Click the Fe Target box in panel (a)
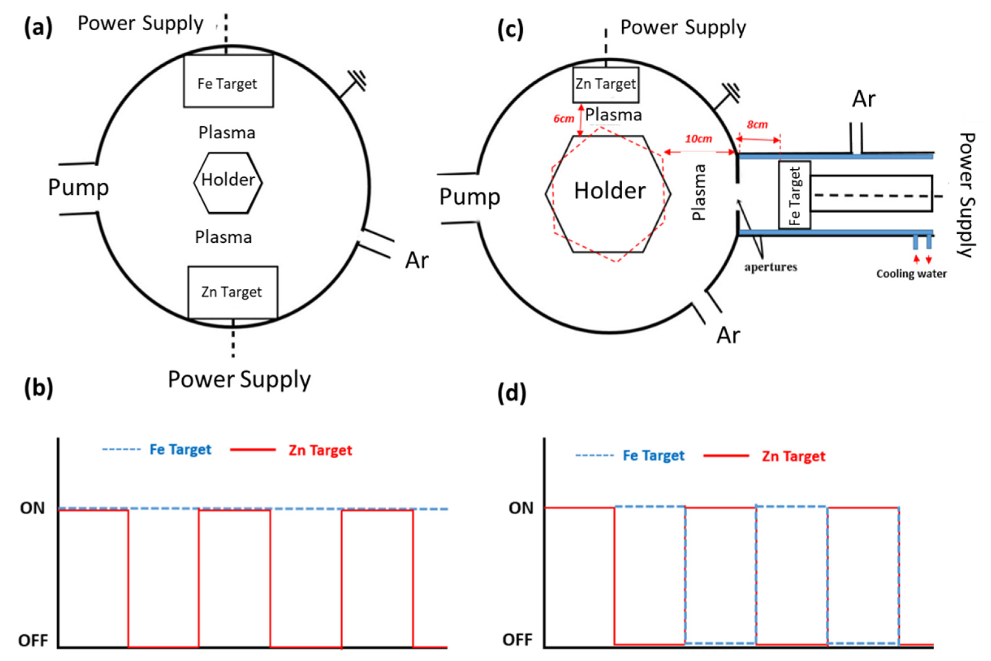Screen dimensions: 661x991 click(x=228, y=81)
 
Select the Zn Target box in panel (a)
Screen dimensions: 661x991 click(x=232, y=292)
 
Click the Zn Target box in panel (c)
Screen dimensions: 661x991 click(x=606, y=85)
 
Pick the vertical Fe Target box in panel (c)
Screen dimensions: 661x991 click(x=794, y=195)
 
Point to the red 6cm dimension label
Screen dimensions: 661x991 click(x=564, y=119)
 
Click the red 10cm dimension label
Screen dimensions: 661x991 click(x=698, y=139)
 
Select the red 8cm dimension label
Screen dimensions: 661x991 click(x=757, y=124)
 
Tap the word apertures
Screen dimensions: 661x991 click(x=770, y=267)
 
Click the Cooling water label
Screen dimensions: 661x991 click(x=911, y=274)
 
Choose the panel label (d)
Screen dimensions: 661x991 click(x=512, y=393)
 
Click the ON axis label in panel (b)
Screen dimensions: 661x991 click(x=32, y=508)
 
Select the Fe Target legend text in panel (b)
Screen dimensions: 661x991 click(x=180, y=449)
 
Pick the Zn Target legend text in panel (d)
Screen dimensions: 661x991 click(x=793, y=456)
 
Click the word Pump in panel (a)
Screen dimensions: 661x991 click(x=79, y=187)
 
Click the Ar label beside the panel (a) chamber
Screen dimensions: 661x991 click(x=417, y=260)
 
